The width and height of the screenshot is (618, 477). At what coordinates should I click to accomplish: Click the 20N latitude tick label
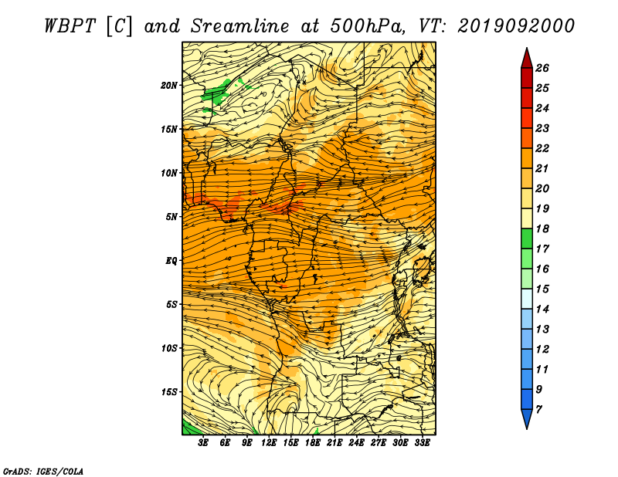(x=168, y=85)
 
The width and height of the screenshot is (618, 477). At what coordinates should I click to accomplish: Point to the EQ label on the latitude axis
(x=171, y=260)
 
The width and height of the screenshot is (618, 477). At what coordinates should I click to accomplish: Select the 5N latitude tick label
(x=171, y=217)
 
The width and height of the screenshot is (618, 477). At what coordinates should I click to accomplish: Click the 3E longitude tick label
(x=203, y=443)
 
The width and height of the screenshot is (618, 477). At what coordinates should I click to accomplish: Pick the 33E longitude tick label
(x=422, y=443)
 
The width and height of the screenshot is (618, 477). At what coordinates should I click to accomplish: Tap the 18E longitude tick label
(x=313, y=443)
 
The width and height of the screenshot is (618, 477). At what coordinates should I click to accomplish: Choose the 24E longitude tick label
(x=356, y=443)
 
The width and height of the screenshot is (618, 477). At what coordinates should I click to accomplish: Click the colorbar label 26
(x=542, y=68)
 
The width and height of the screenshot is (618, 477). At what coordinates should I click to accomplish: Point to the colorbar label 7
(x=538, y=409)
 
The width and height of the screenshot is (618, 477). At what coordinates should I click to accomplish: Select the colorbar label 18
(x=542, y=228)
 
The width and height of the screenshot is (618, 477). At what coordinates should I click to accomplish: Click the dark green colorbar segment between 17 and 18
(x=527, y=238)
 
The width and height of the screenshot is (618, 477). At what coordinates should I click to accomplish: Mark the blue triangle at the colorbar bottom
(x=527, y=418)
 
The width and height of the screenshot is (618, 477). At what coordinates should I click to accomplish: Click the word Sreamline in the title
(x=240, y=26)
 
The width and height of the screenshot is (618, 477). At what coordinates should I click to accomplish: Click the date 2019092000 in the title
(x=516, y=26)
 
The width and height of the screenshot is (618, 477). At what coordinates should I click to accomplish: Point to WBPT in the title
(x=70, y=26)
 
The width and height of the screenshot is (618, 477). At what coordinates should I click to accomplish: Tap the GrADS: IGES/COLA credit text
(x=43, y=471)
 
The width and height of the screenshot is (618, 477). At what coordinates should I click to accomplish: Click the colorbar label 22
(x=542, y=148)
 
